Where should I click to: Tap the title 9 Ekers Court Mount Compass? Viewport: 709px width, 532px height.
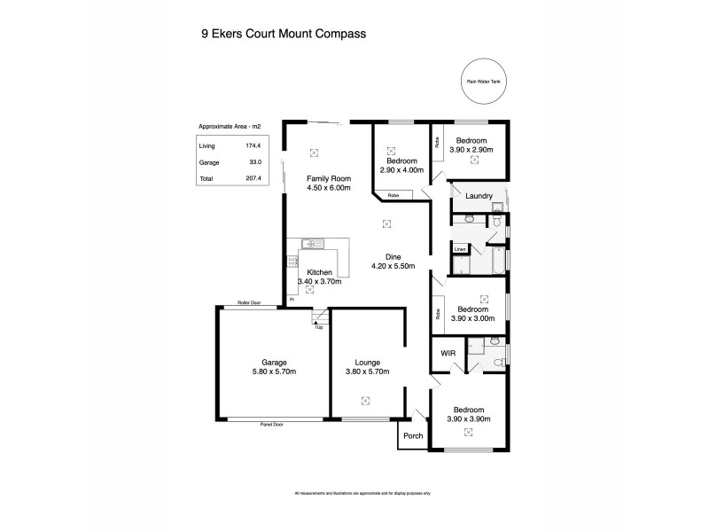pos(284,33)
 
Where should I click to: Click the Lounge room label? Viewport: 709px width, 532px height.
pos(367,363)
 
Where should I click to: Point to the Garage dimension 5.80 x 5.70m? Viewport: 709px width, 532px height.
pos(273,373)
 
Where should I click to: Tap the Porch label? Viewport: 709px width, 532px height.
pos(412,435)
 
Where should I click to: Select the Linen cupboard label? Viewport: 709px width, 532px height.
pos(459,249)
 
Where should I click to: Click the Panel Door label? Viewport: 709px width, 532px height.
pos(271,424)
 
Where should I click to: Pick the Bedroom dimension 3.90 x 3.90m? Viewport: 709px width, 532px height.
pos(469,419)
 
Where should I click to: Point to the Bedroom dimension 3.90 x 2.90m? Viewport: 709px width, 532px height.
pos(471,151)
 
